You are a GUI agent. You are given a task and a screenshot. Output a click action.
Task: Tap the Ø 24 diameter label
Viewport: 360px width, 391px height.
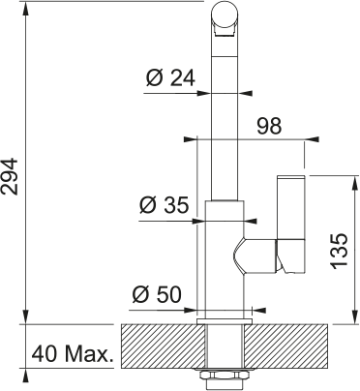point(170,78)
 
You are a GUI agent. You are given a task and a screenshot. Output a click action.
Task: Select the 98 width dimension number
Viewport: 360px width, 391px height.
point(269,126)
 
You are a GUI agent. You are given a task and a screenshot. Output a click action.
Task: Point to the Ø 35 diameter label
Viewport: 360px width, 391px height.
point(164,205)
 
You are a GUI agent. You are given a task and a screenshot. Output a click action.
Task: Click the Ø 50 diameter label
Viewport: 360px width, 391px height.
point(157,294)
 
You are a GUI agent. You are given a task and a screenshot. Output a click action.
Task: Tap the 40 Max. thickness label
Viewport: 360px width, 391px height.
point(74,354)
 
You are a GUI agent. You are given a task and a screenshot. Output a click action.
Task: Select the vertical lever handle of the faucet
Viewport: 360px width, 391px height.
point(290,224)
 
